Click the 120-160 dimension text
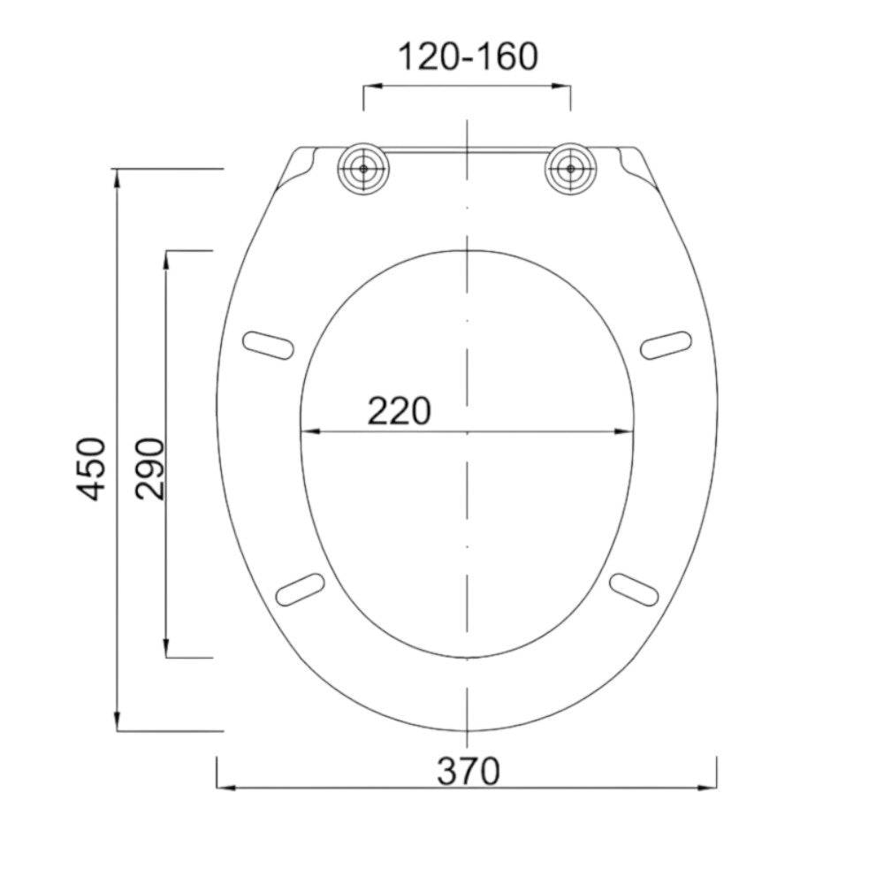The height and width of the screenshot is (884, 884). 468,57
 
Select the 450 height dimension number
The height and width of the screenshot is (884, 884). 91,469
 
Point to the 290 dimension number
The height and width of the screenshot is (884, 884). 150,469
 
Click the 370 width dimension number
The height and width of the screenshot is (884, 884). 468,771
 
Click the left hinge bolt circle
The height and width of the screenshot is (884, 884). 363,169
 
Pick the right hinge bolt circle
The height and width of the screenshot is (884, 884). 570,169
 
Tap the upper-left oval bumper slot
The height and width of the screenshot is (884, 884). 269,345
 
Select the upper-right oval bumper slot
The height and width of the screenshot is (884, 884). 666,345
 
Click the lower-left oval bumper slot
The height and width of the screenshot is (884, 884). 301,590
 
